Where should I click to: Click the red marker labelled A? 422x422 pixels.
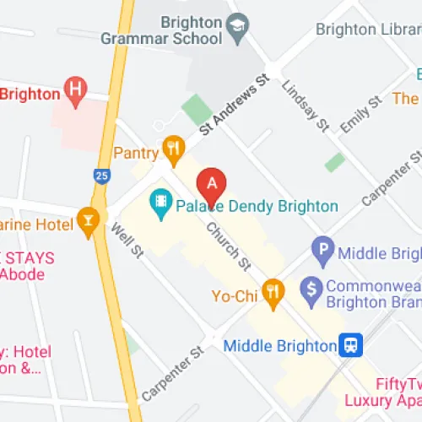[x=212, y=183]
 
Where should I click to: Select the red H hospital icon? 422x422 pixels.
[x=77, y=88]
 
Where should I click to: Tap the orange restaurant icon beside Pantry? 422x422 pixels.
[x=174, y=150]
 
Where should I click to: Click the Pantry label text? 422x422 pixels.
[x=135, y=152]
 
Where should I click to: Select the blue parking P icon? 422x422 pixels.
[x=322, y=251]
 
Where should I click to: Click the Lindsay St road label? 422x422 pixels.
[x=305, y=106]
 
